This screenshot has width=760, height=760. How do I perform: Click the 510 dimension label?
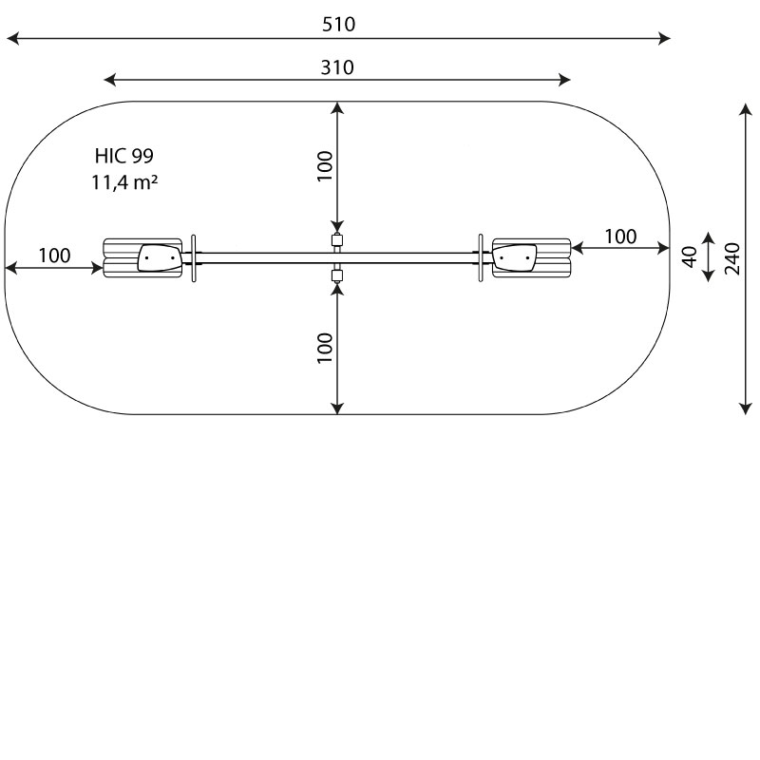[x=339, y=25]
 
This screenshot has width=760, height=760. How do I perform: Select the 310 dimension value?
[x=337, y=67]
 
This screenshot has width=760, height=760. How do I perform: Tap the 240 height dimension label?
[x=732, y=258]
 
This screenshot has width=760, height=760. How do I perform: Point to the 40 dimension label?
[x=690, y=256]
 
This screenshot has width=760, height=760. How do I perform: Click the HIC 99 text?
[x=124, y=156]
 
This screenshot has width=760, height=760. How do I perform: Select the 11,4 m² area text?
[x=124, y=182]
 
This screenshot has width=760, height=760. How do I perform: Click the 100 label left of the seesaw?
[x=54, y=256]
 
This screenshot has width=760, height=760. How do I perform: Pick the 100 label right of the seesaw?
[x=620, y=237]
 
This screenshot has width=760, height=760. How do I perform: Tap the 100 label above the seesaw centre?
[x=325, y=166]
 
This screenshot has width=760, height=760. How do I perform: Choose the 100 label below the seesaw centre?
[x=325, y=348]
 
